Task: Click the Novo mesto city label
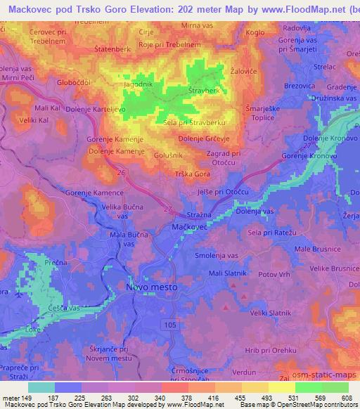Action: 151,287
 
